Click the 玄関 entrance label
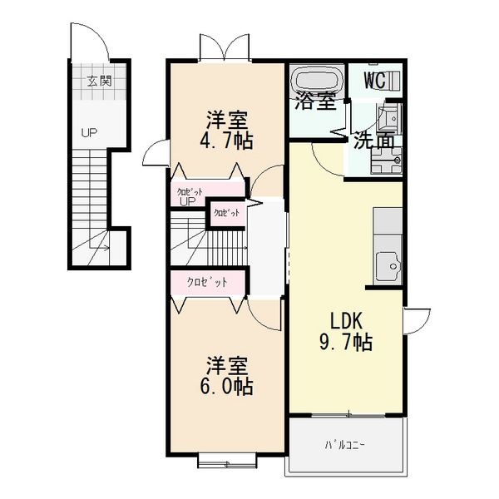[x=98, y=82]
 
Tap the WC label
[x=373, y=81]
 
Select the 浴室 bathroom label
[x=316, y=102]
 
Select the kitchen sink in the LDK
[x=388, y=266]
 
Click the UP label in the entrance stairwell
[x=88, y=132]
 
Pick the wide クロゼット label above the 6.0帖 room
[x=207, y=282]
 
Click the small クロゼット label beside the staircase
[x=226, y=213]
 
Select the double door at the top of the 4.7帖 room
[x=225, y=47]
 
